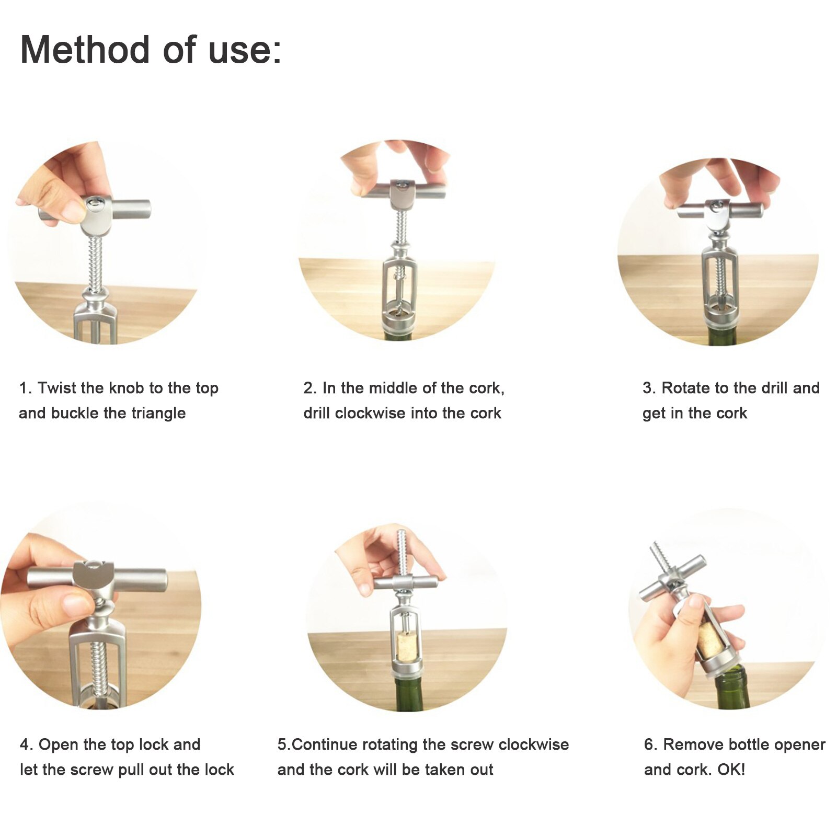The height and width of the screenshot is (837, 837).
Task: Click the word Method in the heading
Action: [x=85, y=50]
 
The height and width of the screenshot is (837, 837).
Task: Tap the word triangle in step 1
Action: [x=158, y=413]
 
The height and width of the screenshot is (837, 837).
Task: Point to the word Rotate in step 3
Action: [x=686, y=388]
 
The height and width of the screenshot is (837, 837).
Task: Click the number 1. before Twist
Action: [x=26, y=388]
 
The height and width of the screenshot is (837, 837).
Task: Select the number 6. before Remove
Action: [x=651, y=744]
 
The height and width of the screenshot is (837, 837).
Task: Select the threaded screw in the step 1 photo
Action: [x=96, y=261]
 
